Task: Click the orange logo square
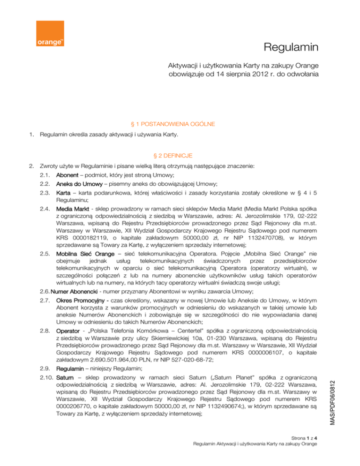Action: click(x=50, y=34)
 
